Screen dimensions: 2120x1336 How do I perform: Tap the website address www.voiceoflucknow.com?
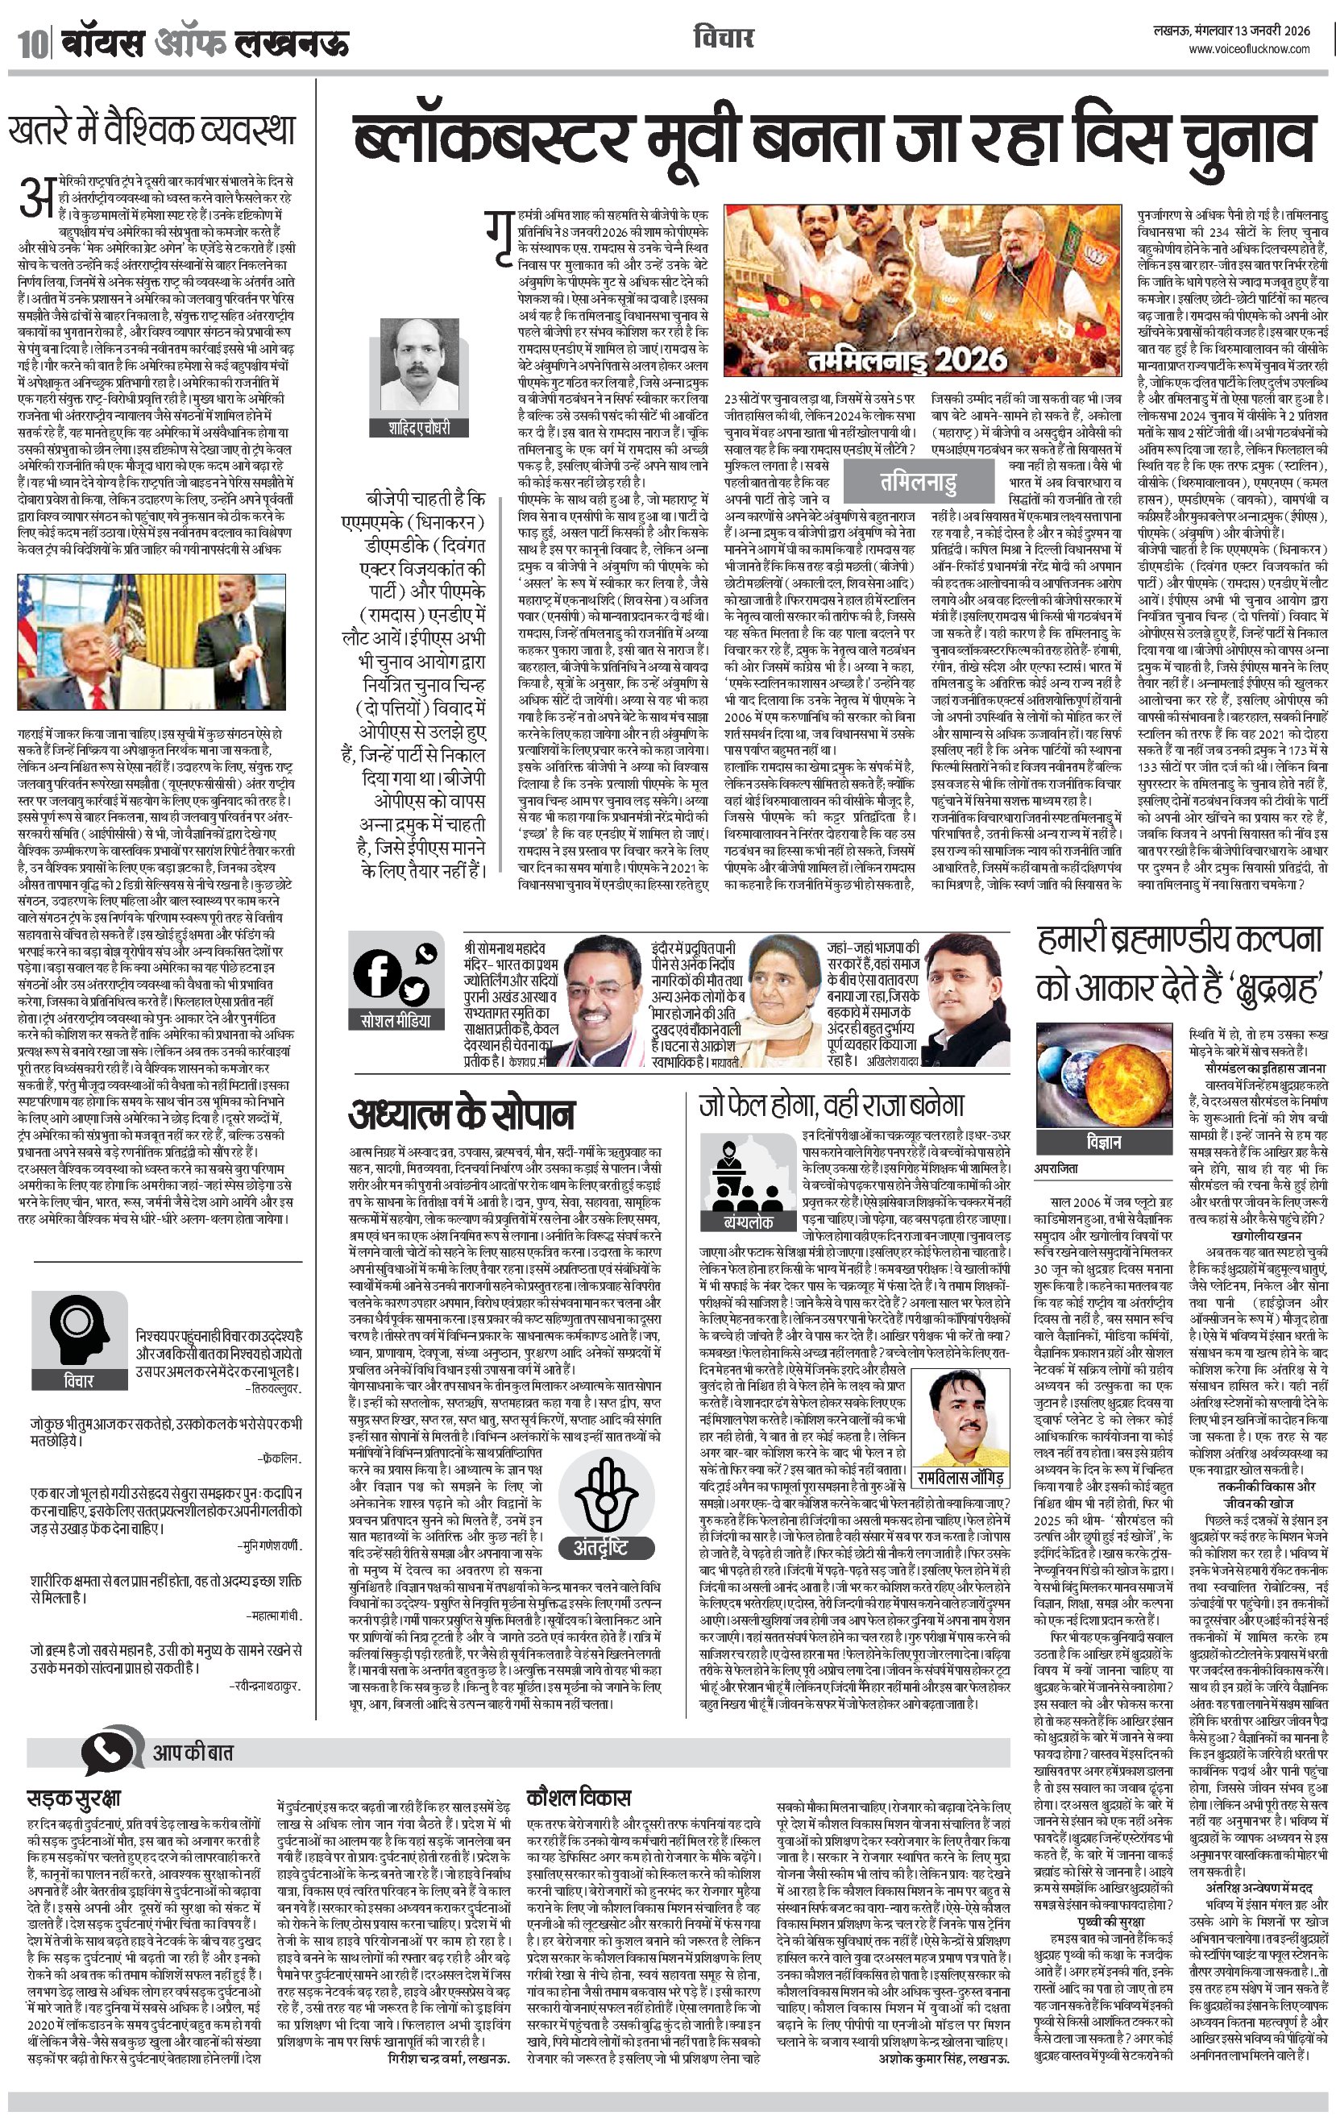[x=1249, y=49]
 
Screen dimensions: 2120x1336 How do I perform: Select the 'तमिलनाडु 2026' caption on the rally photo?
[x=907, y=359]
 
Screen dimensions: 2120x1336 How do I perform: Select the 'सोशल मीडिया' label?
[x=396, y=1020]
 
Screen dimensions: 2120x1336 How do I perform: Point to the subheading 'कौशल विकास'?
[x=578, y=1797]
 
